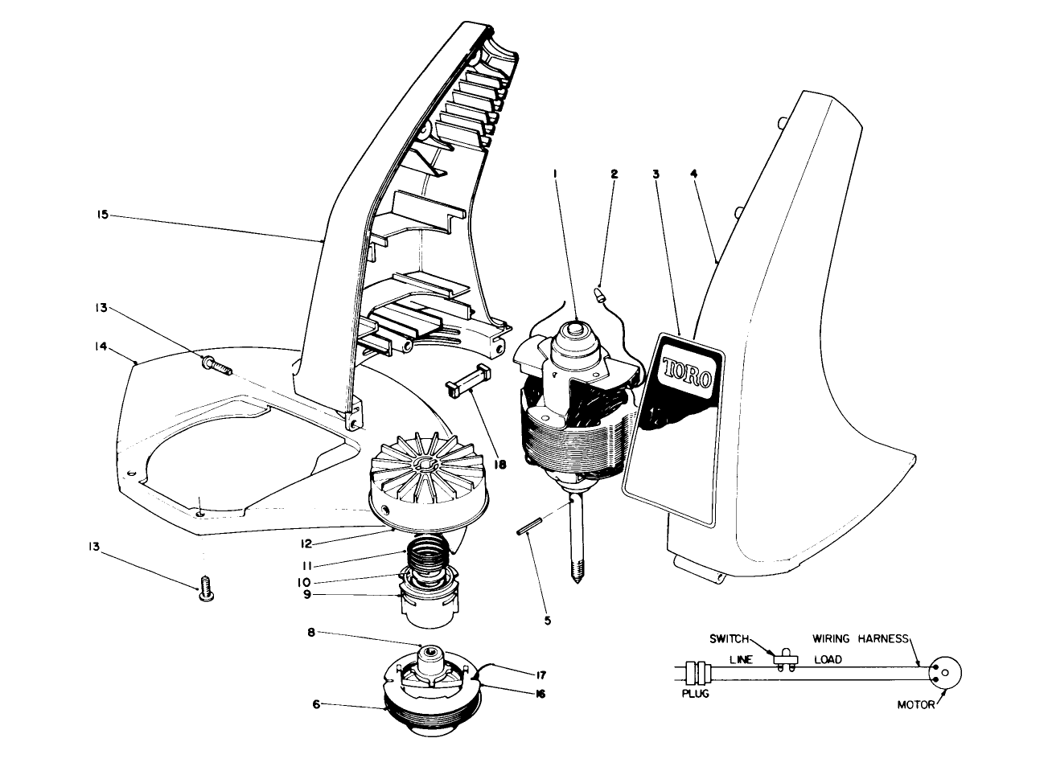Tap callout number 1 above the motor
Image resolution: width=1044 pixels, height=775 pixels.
553,173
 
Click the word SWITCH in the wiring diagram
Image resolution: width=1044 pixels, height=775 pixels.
728,639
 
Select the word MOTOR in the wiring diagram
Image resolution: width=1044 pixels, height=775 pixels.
916,705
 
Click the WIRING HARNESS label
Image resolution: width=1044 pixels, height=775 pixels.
860,639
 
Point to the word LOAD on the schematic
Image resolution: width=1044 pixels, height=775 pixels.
826,659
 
